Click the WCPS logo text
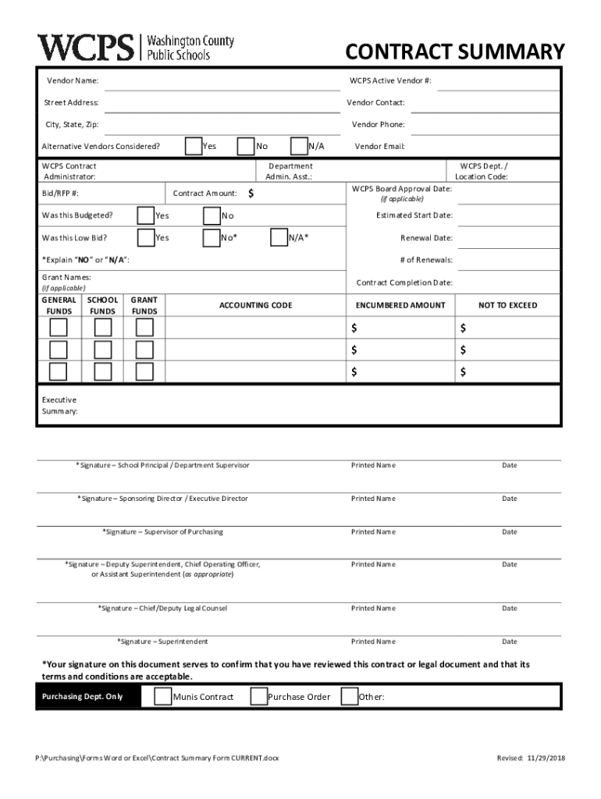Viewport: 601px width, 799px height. pos(86,48)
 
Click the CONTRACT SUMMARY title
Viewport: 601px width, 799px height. pos(454,51)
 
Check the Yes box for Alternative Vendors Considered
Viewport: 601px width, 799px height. pos(193,146)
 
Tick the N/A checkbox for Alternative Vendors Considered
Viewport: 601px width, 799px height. pos(298,146)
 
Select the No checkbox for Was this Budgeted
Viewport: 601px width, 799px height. pos(211,215)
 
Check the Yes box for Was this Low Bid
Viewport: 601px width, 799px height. pos(145,238)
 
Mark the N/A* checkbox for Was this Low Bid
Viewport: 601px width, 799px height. pos(279,238)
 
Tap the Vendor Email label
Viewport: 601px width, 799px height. pos(379,147)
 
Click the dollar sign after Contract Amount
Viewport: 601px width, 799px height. pos(251,194)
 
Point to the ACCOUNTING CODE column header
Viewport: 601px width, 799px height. pos(255,305)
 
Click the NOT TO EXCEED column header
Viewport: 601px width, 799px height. pos(507,305)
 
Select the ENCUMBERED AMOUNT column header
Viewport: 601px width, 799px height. pos(400,305)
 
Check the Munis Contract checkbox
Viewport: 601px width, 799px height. pos(162,697)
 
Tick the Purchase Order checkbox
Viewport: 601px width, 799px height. pos(258,697)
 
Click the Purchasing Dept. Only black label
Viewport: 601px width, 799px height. pos(82,697)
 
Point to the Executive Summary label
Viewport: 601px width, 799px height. pos(59,406)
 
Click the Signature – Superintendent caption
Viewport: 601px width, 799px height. pos(162,641)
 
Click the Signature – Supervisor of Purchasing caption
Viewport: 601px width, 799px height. pos(162,531)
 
